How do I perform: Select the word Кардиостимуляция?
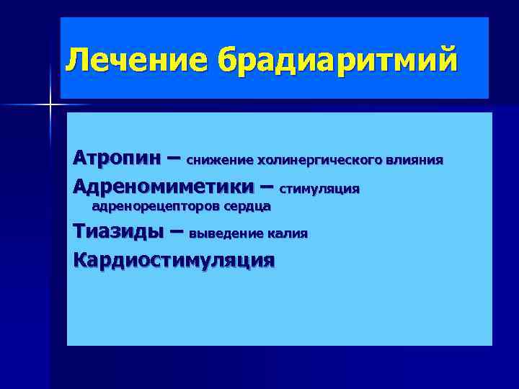point(174,259)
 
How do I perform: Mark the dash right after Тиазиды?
point(173,233)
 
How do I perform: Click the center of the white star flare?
point(50,105)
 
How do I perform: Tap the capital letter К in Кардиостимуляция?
point(79,259)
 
